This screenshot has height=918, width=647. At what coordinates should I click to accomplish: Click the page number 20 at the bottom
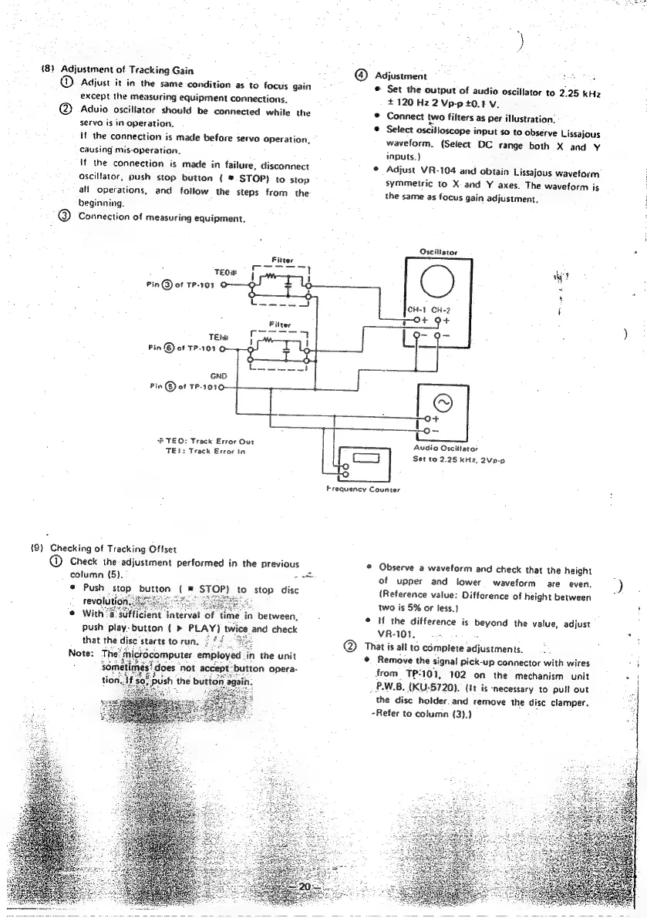click(304, 887)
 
